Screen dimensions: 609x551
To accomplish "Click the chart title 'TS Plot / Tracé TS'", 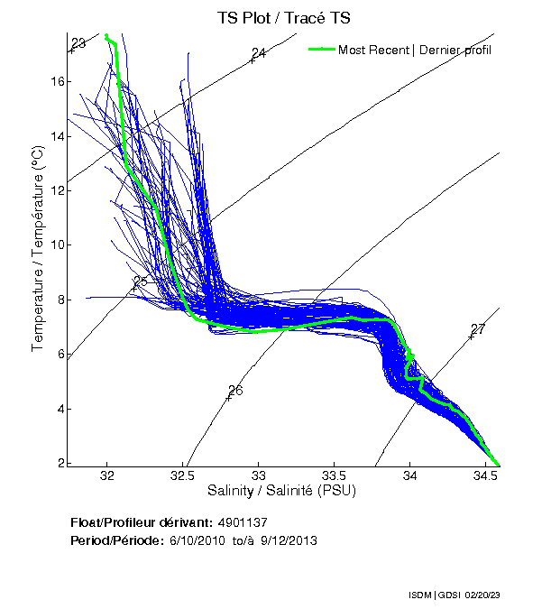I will pyautogui.click(x=284, y=17).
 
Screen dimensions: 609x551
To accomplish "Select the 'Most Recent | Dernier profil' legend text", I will pyautogui.click(x=415, y=50).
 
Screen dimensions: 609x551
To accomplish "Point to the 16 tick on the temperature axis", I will pyautogui.click(x=57, y=82).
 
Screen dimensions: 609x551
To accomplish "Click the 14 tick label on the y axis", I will pyautogui.click(x=57, y=136).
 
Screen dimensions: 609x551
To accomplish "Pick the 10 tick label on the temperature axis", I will pyautogui.click(x=57, y=245).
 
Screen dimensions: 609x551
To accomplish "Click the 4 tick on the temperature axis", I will pyautogui.click(x=60, y=409).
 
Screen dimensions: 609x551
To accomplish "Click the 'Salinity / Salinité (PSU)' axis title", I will pyautogui.click(x=284, y=491).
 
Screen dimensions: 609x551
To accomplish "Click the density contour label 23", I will pyautogui.click(x=78, y=43).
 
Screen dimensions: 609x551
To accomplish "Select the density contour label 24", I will pyautogui.click(x=259, y=54).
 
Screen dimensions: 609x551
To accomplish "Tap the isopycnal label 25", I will pyautogui.click(x=140, y=281).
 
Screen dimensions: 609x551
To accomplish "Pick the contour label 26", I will pyautogui.click(x=235, y=391).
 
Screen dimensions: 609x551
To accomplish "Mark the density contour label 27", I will pyautogui.click(x=478, y=329).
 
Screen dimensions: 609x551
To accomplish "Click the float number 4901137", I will pyautogui.click(x=243, y=522).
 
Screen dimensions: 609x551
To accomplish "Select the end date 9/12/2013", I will pyautogui.click(x=289, y=540).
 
